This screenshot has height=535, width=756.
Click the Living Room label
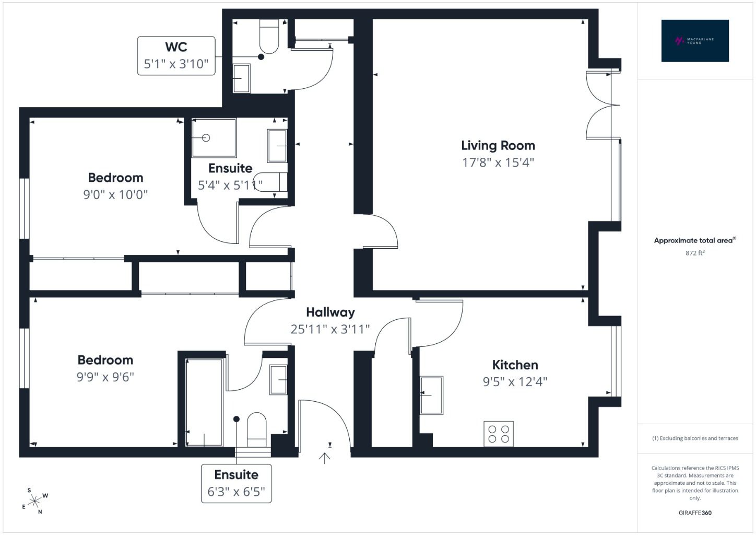(x=498, y=146)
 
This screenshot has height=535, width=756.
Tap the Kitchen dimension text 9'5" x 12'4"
(x=515, y=382)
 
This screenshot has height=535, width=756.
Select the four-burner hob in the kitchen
(x=499, y=434)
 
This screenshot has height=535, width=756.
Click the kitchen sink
(x=432, y=395)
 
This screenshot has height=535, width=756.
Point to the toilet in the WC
(x=269, y=37)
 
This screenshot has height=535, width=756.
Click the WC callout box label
(x=176, y=56)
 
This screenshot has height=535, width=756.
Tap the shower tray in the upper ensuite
(x=214, y=137)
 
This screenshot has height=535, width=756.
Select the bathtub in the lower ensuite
(x=204, y=402)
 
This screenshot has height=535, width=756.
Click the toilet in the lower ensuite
(x=257, y=429)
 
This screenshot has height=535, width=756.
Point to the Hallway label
(x=330, y=312)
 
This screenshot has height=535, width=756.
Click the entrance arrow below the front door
(x=325, y=458)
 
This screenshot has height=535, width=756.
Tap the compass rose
(x=34, y=501)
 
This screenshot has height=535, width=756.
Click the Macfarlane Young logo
(x=695, y=41)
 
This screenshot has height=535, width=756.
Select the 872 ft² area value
(x=695, y=253)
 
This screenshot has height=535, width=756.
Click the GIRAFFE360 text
(x=695, y=513)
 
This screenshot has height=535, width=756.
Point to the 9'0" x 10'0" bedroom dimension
(x=115, y=194)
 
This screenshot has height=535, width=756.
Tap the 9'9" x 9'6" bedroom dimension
(x=105, y=377)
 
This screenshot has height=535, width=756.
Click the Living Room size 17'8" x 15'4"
(x=498, y=162)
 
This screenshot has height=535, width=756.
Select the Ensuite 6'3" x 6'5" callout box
(x=236, y=484)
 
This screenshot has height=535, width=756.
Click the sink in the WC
(x=242, y=78)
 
